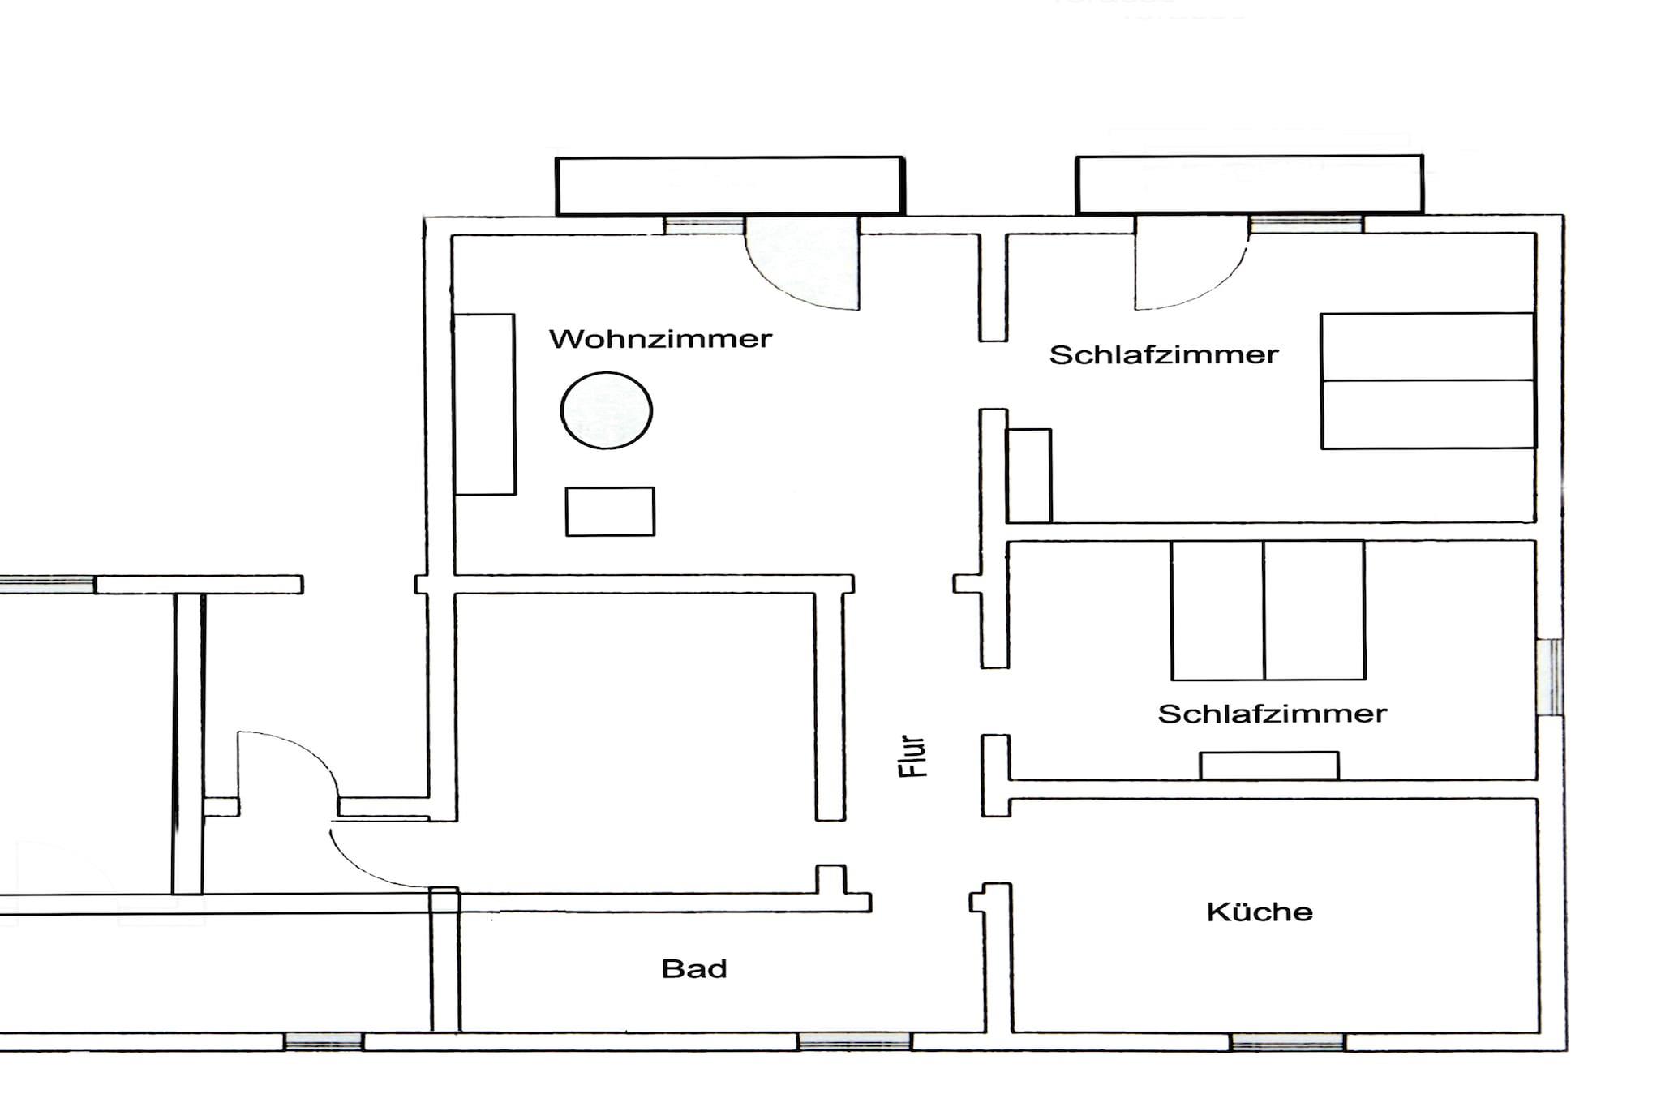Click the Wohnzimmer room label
(x=660, y=338)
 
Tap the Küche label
(x=1260, y=912)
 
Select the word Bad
(x=694, y=968)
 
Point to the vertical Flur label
(x=913, y=757)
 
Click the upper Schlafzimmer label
(x=1164, y=354)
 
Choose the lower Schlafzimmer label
(x=1273, y=714)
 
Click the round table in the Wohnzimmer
(x=607, y=410)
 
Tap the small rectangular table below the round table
(x=610, y=512)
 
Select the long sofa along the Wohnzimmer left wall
(x=485, y=404)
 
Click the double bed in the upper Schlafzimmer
(x=1428, y=380)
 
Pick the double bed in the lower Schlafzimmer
(x=1268, y=611)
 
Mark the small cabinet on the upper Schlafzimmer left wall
(x=1029, y=476)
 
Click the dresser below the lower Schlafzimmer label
(x=1269, y=766)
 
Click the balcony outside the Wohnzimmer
(x=730, y=186)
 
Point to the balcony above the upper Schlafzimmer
(x=1250, y=185)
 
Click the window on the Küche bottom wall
(x=1288, y=1042)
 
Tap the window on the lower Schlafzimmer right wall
(x=1550, y=677)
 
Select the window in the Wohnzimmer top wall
(x=704, y=225)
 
